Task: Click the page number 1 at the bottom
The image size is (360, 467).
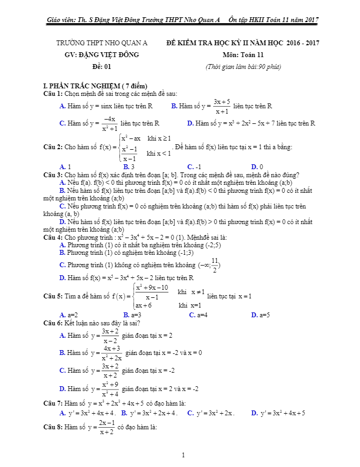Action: (183, 455)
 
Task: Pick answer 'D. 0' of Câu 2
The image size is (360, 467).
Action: (257, 166)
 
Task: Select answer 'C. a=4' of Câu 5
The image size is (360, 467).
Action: (198, 315)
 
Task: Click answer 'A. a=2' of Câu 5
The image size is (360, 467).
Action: (69, 315)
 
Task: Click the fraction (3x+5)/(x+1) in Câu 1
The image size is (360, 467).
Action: (222, 107)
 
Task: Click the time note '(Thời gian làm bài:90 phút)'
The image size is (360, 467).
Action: (243, 67)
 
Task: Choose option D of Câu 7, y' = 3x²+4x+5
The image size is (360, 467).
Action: (278, 413)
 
